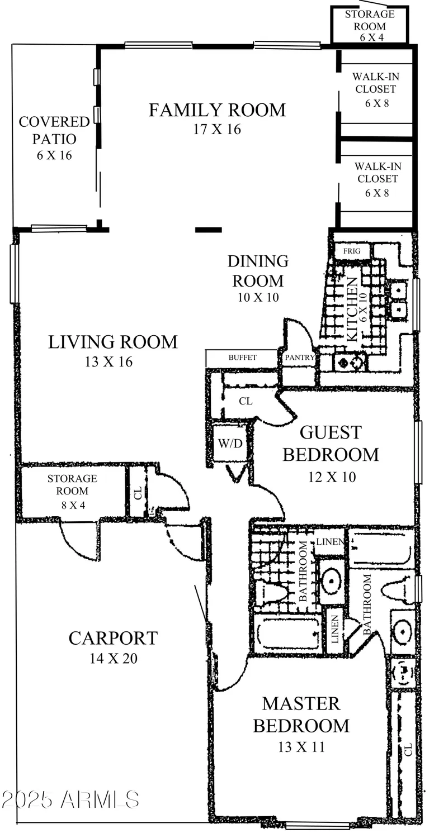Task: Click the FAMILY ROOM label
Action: point(217,110)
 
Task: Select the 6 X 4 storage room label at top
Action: point(369,25)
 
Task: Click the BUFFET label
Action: point(242,357)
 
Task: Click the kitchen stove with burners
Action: point(349,363)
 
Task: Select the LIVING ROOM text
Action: point(112,342)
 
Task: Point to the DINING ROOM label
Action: point(258,270)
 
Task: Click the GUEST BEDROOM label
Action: point(331,444)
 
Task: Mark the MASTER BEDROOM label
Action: point(301,715)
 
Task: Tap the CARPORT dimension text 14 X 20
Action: point(113,659)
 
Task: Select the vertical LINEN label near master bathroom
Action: point(334,630)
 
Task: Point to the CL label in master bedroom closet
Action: point(408,750)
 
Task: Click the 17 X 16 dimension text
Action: point(217,130)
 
